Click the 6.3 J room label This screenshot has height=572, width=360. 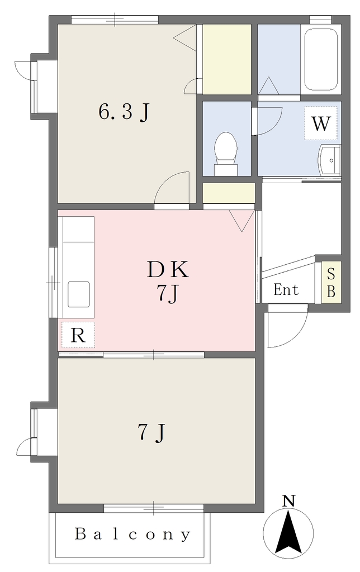click(124, 112)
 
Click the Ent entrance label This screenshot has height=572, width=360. click(286, 290)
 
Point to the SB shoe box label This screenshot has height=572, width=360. click(331, 282)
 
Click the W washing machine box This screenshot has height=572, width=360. click(321, 123)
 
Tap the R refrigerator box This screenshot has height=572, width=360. click(78, 335)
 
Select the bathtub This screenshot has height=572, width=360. click(321, 59)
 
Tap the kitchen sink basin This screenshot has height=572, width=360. click(79, 294)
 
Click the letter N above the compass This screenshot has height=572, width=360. click(289, 501)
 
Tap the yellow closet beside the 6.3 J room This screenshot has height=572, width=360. click(227, 59)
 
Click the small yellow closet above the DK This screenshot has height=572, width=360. click(229, 193)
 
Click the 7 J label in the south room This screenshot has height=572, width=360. click(152, 433)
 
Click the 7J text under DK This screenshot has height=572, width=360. click(168, 294)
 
